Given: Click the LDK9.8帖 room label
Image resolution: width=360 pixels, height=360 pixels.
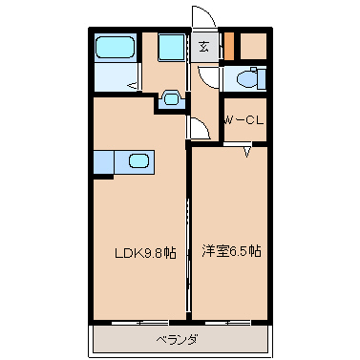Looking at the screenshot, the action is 145,253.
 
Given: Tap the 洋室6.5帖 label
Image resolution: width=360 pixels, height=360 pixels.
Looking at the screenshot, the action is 231,251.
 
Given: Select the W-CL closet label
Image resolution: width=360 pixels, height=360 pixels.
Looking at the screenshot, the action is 244,120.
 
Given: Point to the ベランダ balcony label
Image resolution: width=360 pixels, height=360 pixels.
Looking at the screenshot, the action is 177,340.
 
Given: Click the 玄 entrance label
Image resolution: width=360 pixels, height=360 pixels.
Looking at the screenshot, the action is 204,48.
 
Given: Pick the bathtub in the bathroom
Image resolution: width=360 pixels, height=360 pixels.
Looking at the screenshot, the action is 115,47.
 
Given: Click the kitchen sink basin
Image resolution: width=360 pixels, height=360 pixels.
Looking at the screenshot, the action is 138,160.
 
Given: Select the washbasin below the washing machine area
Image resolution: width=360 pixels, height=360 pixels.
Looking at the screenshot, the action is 171,98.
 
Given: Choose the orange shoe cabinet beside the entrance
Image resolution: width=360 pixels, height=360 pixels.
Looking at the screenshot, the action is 229,46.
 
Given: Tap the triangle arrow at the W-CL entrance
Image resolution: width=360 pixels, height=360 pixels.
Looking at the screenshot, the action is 247,152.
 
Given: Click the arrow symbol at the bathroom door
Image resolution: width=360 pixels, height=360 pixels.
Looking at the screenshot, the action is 133,85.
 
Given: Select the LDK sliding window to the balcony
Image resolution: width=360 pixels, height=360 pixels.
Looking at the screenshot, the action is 140,323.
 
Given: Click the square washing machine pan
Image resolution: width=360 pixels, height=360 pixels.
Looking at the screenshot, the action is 172,47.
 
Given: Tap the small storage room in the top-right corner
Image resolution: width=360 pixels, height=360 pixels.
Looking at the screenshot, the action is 253,46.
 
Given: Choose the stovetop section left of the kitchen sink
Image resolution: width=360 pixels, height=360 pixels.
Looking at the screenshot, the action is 103,162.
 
